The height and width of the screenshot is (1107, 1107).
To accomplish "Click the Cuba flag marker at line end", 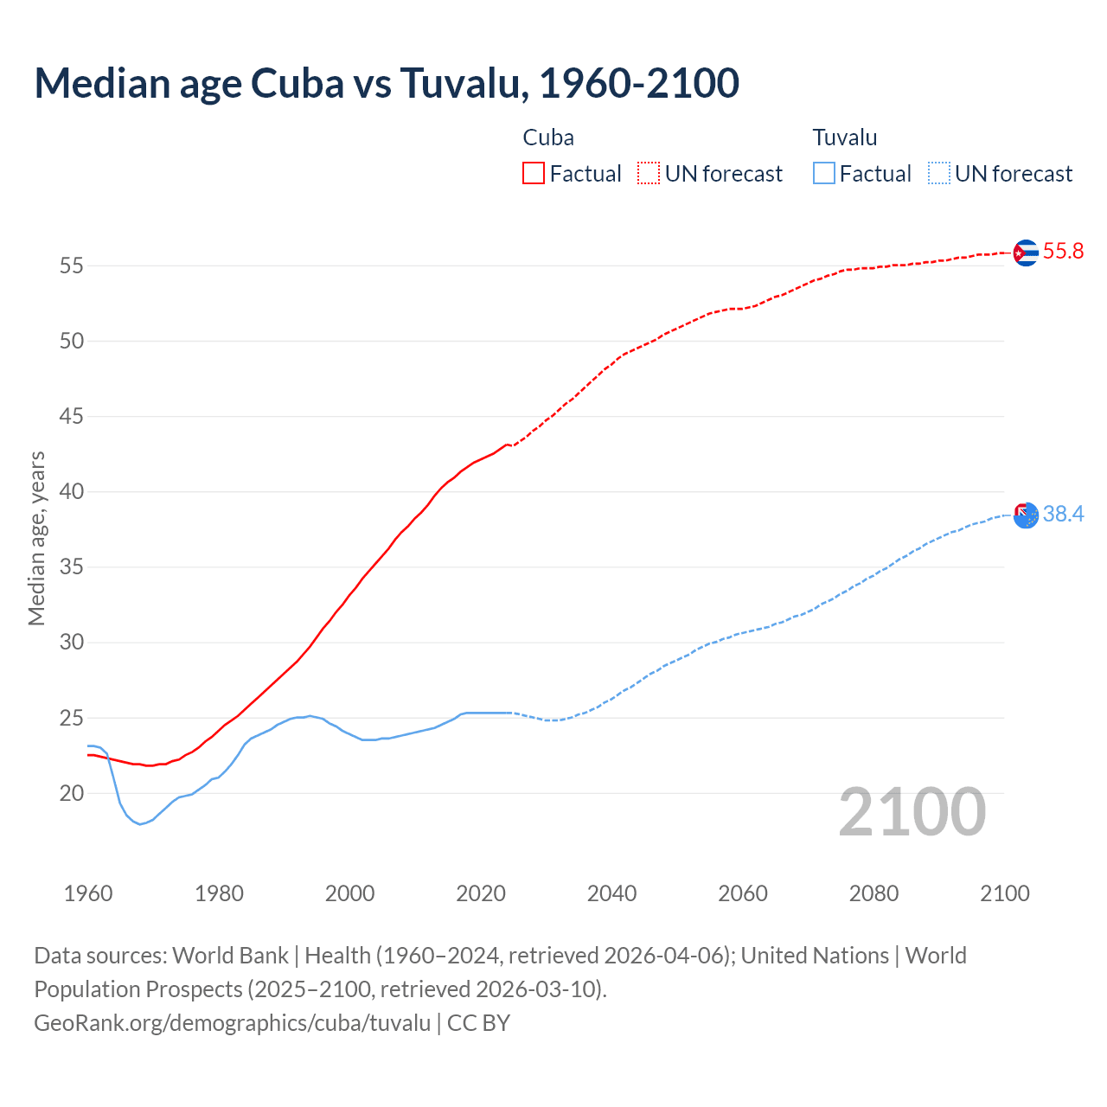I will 1025,253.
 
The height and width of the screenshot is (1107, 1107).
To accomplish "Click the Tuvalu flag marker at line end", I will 1025,515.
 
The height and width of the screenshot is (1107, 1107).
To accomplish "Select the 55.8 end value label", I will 1063,252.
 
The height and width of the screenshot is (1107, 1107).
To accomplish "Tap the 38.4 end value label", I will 1063,515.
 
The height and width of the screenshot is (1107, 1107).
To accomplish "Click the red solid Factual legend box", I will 534,174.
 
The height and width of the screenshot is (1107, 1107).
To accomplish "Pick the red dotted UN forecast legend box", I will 649,174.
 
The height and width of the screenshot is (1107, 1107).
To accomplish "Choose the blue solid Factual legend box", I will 824,174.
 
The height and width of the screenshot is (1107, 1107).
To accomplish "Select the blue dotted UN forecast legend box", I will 938,174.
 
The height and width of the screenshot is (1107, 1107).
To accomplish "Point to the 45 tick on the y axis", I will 72,417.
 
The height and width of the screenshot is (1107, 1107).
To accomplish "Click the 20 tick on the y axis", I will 72,793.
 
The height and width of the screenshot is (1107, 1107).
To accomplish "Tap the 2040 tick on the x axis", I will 611,893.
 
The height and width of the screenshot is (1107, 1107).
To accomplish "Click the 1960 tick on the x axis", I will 88,893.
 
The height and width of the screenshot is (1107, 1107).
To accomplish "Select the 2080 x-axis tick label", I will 873,893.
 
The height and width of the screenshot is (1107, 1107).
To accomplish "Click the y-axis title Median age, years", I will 36,538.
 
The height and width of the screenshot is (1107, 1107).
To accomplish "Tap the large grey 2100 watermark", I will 912,812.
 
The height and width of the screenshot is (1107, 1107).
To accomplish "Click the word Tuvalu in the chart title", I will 463,83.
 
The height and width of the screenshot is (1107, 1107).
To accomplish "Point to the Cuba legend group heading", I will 548,138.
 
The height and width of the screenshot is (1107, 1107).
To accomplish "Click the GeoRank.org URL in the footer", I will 232,1023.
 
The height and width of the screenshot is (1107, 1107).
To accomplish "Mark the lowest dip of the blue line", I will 140,824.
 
